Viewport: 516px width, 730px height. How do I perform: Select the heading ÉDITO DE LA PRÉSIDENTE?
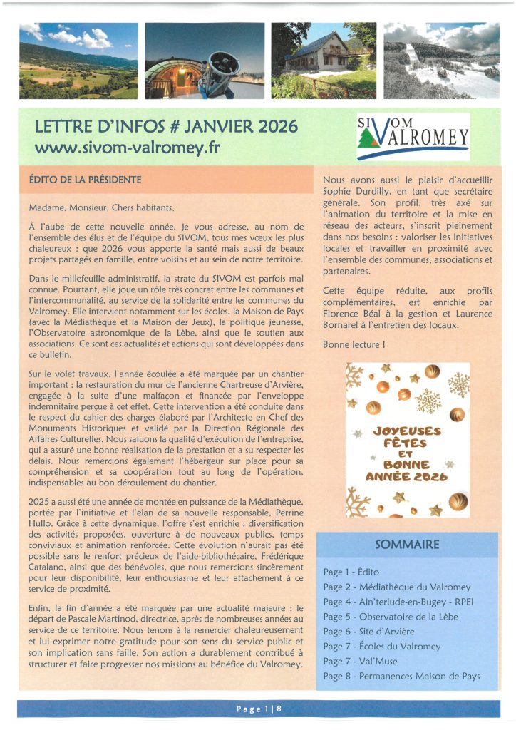90,179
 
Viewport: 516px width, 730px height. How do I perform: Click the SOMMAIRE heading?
407,545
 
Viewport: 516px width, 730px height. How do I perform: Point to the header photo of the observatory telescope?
202,61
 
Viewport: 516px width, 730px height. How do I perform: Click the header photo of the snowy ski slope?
441,61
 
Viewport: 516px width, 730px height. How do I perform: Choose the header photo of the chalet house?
323,61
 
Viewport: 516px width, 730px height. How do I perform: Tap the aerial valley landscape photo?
78,61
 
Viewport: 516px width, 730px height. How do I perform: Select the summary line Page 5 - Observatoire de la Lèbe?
391,617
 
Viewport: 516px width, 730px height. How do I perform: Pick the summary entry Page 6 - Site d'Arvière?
368,632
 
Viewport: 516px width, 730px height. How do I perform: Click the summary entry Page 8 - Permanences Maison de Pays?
401,676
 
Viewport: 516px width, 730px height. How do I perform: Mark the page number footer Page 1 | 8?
258,709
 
